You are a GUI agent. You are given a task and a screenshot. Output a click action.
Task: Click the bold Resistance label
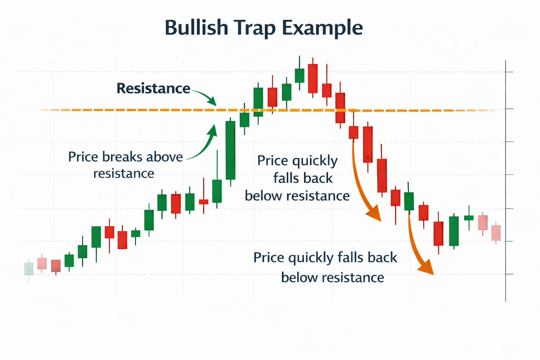pyautogui.click(x=153, y=88)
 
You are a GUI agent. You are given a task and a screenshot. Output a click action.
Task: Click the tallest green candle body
pyautogui.click(x=230, y=150)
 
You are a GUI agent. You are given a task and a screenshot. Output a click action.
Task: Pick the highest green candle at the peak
pyautogui.click(x=300, y=75)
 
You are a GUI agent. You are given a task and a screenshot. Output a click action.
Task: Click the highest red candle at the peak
pyautogui.click(x=313, y=78)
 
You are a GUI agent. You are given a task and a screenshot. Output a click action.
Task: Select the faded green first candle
pyautogui.click(x=29, y=269)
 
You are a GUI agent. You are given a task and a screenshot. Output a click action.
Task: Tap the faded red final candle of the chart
pyautogui.click(x=496, y=233)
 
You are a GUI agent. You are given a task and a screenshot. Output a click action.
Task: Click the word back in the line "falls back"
pyautogui.click(x=319, y=178)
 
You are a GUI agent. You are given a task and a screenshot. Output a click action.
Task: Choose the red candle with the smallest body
pyautogui.click(x=204, y=202)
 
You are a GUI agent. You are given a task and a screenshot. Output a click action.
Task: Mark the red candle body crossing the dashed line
pyautogui.click(x=340, y=108)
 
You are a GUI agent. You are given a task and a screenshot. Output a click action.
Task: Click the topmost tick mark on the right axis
pyautogui.click(x=509, y=72)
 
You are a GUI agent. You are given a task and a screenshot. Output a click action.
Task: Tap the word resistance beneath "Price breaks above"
pyautogui.click(x=124, y=173)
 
